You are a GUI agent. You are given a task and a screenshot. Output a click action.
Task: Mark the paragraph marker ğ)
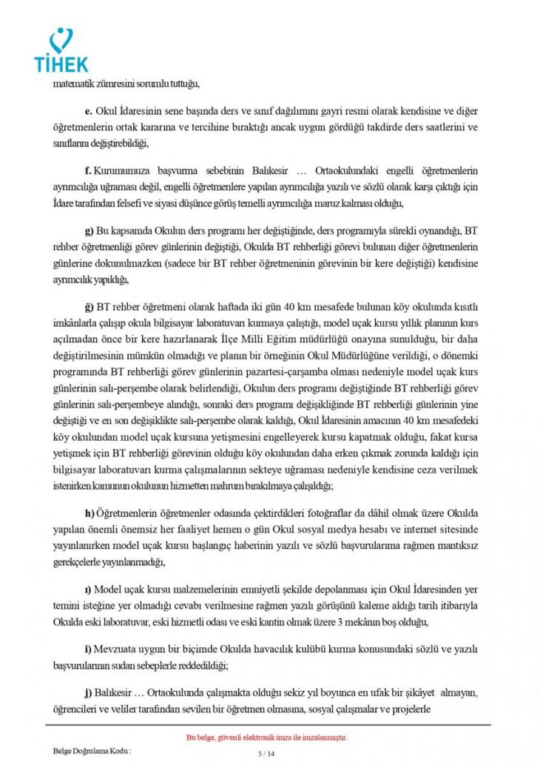pos(90,305)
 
